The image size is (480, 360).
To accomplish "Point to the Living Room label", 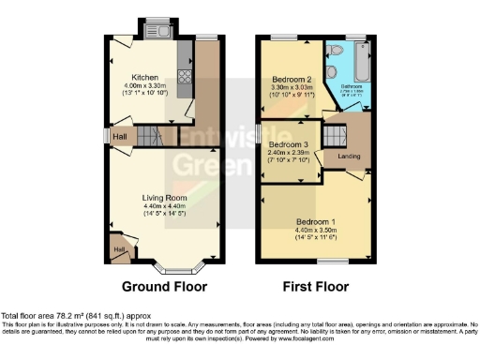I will pyautogui.click(x=164, y=198).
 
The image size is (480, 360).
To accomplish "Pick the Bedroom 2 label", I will pyautogui.click(x=292, y=80).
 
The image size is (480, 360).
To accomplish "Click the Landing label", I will pyautogui.click(x=349, y=155).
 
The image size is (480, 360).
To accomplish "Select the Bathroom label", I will pyautogui.click(x=354, y=87).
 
